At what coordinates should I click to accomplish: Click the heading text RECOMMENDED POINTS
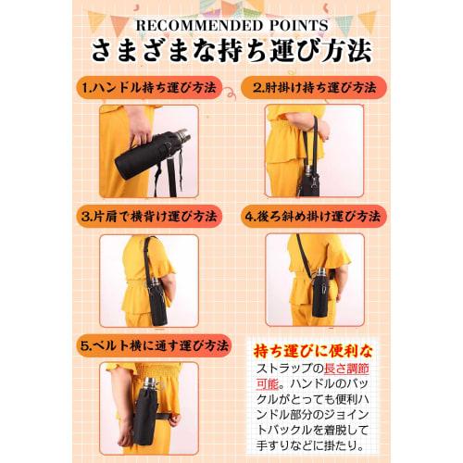click(231, 25)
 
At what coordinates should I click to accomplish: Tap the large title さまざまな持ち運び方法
click(231, 51)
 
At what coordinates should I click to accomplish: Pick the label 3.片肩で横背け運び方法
click(148, 216)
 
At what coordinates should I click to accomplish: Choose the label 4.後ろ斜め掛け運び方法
click(314, 216)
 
